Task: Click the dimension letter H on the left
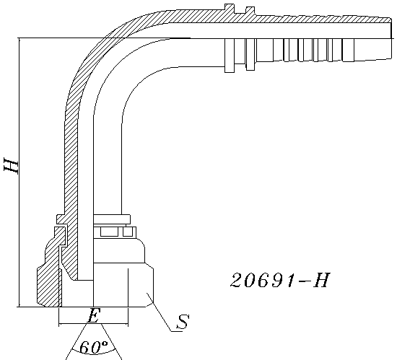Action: pyautogui.click(x=11, y=165)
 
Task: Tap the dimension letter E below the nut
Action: pyautogui.click(x=93, y=315)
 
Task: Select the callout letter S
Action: pyautogui.click(x=183, y=322)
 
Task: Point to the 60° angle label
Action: pyautogui.click(x=94, y=347)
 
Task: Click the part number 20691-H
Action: pyautogui.click(x=280, y=280)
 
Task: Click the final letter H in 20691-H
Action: pyautogui.click(x=322, y=280)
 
